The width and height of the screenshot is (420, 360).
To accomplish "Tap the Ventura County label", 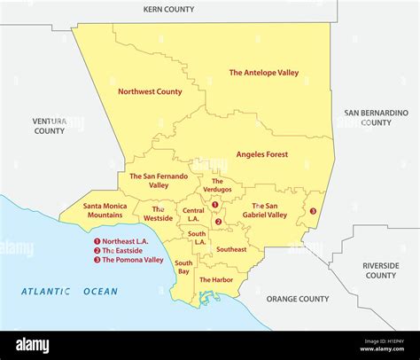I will point(50,126).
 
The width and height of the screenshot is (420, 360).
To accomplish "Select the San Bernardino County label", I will point(376,118).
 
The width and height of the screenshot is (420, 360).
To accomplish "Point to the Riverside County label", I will point(381,270).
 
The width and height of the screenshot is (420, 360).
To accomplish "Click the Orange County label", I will point(298,299).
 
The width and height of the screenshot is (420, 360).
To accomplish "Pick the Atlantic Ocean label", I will point(70,291).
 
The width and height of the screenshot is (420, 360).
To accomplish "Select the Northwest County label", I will point(150,91).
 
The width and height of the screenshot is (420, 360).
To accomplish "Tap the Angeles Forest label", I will point(261,154).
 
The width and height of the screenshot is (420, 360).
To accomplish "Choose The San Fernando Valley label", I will point(158,181).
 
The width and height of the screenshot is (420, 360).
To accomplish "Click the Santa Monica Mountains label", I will point(105,210).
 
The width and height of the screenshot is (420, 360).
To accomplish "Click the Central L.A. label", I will point(194,214).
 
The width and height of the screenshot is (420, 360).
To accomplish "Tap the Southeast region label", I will point(231,249).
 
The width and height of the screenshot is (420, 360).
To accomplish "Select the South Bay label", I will point(183,267).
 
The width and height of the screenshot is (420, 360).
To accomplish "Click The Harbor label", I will point(216,280).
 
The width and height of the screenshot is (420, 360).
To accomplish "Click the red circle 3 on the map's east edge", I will point(313,211).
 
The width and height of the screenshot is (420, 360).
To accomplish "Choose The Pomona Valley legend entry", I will point(130,260).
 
